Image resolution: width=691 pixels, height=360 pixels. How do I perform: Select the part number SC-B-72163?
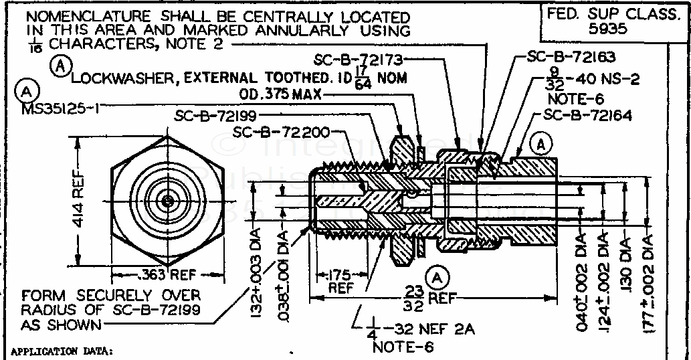point(571,58)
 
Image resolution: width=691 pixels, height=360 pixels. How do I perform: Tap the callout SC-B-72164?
point(587,115)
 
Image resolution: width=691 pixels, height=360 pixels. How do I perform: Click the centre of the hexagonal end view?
point(165,199)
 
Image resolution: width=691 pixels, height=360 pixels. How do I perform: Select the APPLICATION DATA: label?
point(62,351)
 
